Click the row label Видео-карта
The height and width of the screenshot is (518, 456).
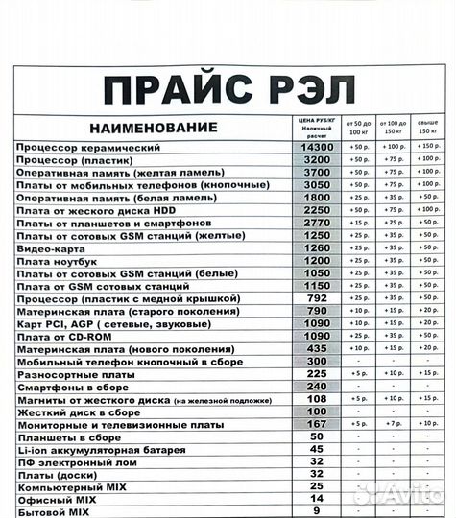(x=46, y=247)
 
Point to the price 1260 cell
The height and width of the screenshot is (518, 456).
(x=317, y=247)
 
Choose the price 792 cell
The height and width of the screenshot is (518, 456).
(x=317, y=297)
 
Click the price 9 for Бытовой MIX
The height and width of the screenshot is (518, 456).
(x=317, y=510)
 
